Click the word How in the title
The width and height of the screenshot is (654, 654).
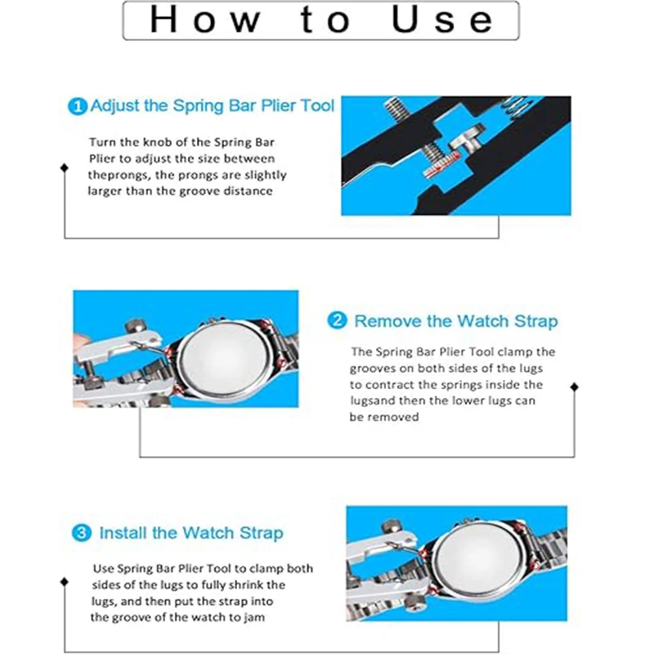tap(205, 20)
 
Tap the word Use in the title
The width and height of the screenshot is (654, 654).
tap(442, 20)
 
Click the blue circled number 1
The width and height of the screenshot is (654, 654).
tap(77, 106)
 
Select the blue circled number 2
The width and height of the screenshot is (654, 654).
tap(337, 320)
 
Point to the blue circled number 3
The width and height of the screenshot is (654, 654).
tap(81, 533)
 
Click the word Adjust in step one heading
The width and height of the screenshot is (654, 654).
tap(114, 106)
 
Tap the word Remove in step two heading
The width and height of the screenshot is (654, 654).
tap(387, 321)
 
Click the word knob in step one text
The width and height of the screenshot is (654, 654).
tap(158, 142)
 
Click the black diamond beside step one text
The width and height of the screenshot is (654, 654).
tap(64, 168)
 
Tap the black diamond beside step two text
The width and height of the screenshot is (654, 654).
tap(574, 387)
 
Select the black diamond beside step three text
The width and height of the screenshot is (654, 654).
tap(64, 581)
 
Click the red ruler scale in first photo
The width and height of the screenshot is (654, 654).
tap(440, 163)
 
